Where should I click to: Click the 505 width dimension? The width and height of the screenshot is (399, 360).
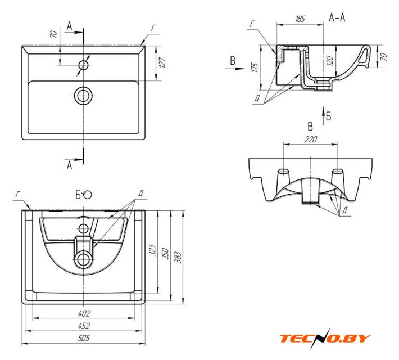84,339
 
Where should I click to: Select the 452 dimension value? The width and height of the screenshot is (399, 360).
84,326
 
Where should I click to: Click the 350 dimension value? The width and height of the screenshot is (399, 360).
166,254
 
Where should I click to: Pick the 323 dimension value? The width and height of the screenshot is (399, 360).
152,250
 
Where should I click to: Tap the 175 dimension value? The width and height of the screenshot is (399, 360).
255,68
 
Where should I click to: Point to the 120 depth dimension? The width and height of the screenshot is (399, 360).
330,60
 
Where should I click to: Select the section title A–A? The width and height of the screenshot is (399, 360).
337,18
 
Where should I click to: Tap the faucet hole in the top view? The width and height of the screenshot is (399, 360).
84,64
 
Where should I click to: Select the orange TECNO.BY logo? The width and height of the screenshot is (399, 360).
325,338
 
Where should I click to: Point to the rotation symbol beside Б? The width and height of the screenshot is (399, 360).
88,195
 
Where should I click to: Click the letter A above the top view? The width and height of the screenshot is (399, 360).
70,26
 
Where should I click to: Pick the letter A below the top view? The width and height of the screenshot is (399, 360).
70,165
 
